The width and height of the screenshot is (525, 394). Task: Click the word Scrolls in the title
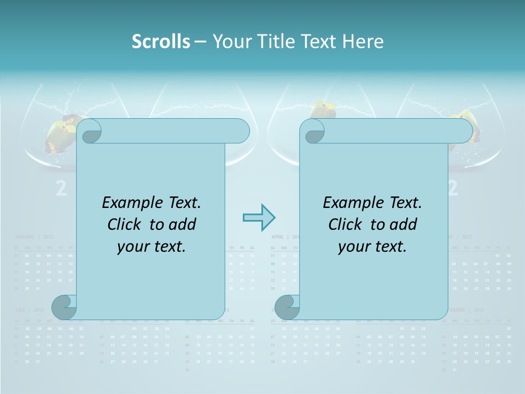point(161,42)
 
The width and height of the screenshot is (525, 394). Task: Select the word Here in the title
point(363,42)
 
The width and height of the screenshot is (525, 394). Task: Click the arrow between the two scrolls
point(259,217)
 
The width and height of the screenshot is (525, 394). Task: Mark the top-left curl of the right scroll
point(313,132)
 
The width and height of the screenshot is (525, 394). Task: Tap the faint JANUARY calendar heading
point(25,237)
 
